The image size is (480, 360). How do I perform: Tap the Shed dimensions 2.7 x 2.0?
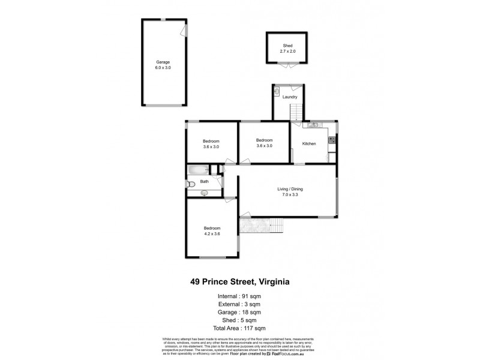pos(289,52)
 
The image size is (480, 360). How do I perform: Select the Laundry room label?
pos(290,97)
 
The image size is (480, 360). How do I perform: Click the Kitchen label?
pos(309,143)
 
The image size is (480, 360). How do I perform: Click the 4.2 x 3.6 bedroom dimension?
pos(212,234)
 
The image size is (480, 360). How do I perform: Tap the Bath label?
pos(205,181)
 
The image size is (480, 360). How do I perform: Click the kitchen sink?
pos(313,125)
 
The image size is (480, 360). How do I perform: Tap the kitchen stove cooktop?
pos(331,140)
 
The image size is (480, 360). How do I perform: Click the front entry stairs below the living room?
pos(275,225)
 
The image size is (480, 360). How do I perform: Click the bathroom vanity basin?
pos(204,193)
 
